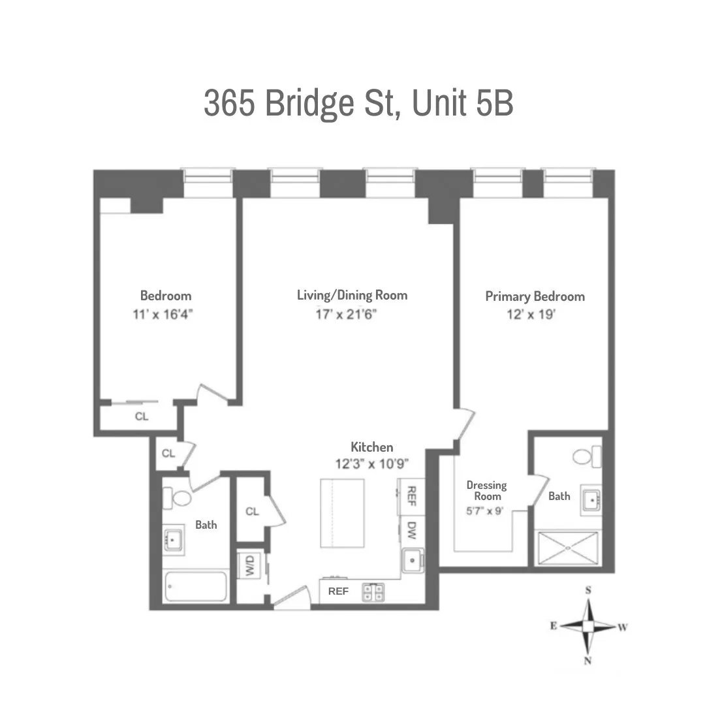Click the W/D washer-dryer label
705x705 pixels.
(x=249, y=566)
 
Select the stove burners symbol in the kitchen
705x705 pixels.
(x=374, y=591)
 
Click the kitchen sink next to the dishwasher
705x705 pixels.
(x=413, y=561)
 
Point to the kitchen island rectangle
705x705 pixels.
(x=343, y=514)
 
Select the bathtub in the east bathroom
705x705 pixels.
(x=196, y=587)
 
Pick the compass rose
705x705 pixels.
(x=588, y=626)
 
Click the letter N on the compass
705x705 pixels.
(x=588, y=661)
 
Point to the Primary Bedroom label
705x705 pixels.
(x=535, y=296)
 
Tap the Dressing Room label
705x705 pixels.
(x=486, y=490)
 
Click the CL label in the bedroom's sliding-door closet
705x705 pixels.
(x=142, y=416)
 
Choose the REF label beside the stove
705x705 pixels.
(x=338, y=591)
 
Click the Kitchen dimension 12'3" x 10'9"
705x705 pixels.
(x=372, y=464)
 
